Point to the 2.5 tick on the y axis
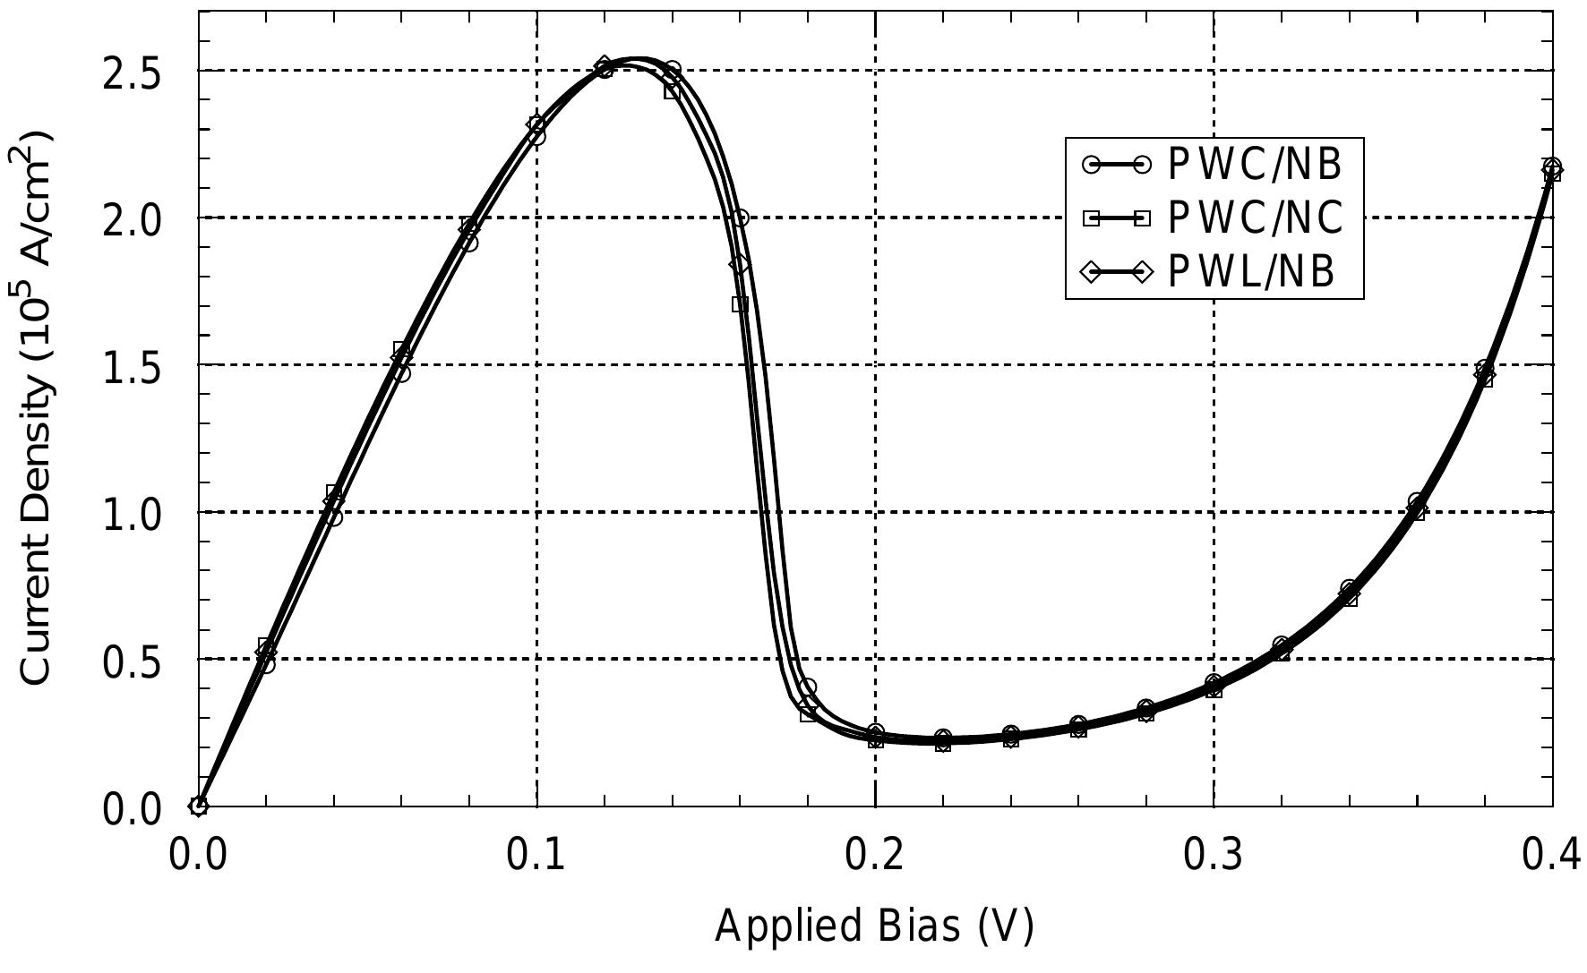(132, 72)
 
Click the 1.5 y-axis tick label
(132, 366)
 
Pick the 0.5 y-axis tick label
(132, 661)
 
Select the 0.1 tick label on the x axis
(536, 856)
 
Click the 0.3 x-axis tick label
(1214, 856)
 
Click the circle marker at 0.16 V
(740, 218)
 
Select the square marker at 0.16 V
(740, 304)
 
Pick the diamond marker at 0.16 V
(740, 264)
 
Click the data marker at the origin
(199, 806)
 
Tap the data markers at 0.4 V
(1552, 169)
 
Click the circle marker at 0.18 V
(808, 687)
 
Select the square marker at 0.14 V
(672, 90)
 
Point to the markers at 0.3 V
(1214, 687)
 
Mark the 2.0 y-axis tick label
(132, 218)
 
